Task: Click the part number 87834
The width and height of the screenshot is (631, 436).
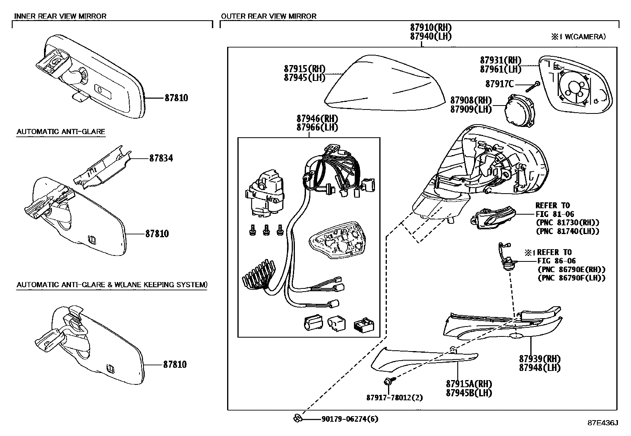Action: (161, 158)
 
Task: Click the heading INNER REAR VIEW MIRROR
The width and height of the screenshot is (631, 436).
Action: (60, 16)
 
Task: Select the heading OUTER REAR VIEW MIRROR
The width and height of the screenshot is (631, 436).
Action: (269, 16)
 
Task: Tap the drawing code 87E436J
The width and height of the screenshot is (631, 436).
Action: (602, 423)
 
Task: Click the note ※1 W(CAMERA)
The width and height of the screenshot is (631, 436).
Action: (578, 36)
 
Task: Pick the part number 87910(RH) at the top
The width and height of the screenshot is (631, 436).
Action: (431, 27)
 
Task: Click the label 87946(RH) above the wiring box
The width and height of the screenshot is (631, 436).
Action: (317, 119)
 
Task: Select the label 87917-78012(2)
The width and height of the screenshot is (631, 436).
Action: (394, 397)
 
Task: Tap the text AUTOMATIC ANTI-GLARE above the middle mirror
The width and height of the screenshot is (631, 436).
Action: (61, 131)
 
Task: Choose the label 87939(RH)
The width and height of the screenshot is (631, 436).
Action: (540, 358)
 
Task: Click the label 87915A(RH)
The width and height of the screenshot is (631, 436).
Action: (468, 384)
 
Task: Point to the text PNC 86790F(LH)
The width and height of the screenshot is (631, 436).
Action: (571, 278)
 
